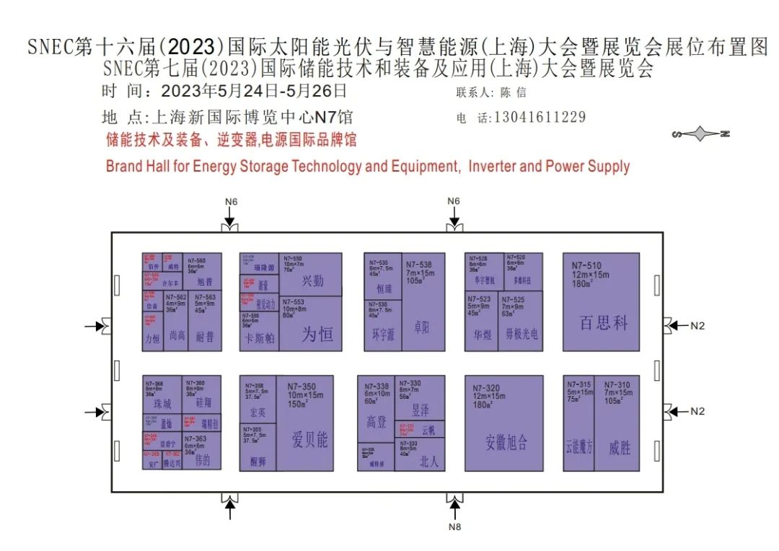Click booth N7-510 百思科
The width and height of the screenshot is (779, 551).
pyautogui.click(x=601, y=301)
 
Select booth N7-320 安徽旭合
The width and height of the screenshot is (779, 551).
pyautogui.click(x=503, y=423)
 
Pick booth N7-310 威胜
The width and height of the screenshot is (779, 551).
pyautogui.click(x=619, y=423)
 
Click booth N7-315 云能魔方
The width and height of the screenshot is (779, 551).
pyautogui.click(x=578, y=423)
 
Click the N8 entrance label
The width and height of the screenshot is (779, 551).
pyautogui.click(x=454, y=526)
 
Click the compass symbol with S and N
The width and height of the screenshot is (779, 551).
pyautogui.click(x=700, y=133)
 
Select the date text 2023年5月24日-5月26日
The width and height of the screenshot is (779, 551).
pyautogui.click(x=254, y=92)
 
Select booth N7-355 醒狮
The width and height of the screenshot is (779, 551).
pyautogui.click(x=258, y=447)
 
